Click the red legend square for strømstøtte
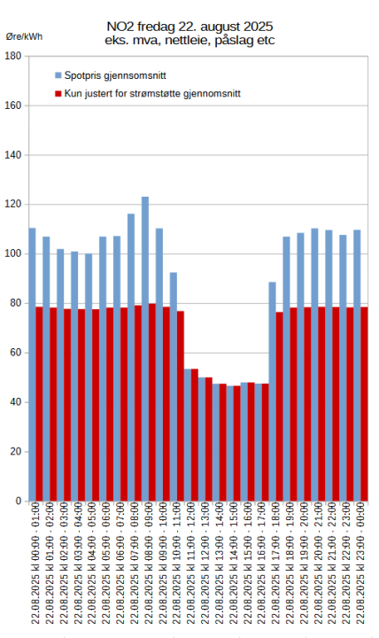pos(58,92)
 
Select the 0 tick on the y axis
pos(18,501)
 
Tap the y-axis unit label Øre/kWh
pos(24,36)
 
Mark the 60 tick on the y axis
pos(15,353)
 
